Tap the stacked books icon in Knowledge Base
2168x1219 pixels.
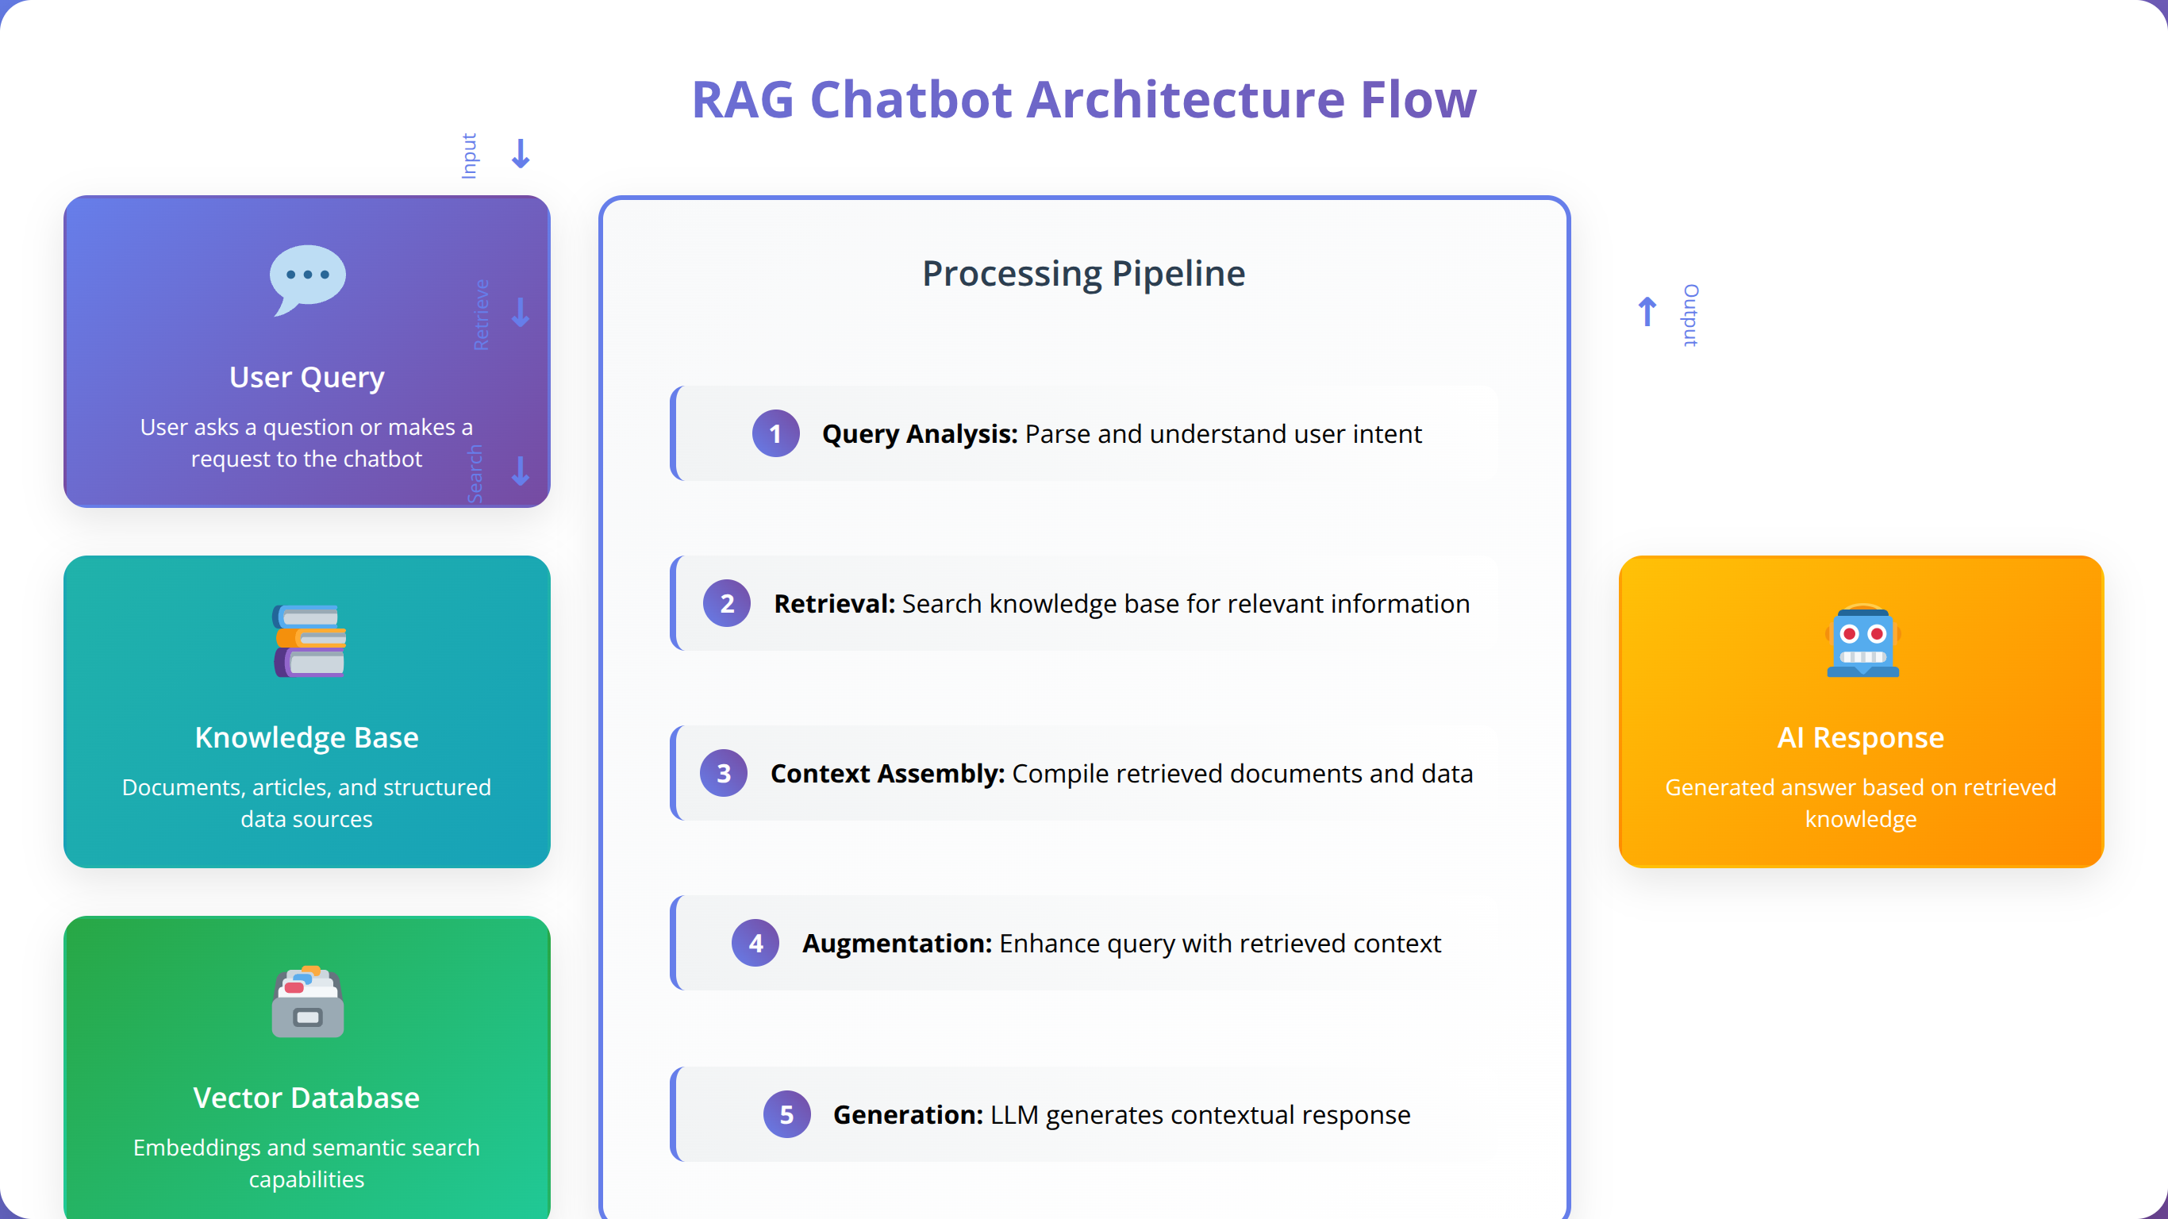[x=309, y=640]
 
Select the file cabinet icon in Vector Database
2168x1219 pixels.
[x=308, y=1002]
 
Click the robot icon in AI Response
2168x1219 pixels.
[x=1862, y=641]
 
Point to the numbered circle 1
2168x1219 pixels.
[x=775, y=433]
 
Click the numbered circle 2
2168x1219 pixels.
[x=726, y=604]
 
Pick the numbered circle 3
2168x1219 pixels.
[x=723, y=774]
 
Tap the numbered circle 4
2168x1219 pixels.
[x=755, y=944]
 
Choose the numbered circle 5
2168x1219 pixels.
[x=786, y=1114]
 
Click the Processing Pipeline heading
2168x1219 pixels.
[x=1084, y=274]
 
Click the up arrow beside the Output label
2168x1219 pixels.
[x=1647, y=311]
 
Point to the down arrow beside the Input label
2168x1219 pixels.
[x=521, y=154]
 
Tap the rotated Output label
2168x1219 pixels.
[x=1690, y=316]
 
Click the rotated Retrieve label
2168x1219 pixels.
[x=481, y=315]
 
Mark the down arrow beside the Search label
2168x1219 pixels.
[x=521, y=471]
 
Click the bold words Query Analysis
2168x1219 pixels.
[x=920, y=434]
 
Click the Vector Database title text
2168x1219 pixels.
[x=306, y=1098]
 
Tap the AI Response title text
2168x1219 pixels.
[x=1861, y=737]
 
